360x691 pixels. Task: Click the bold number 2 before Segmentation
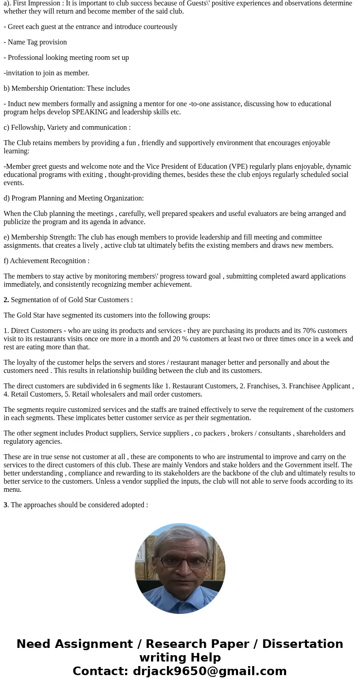(6, 300)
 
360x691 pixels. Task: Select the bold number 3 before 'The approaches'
(5, 505)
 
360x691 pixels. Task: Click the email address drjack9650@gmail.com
(209, 671)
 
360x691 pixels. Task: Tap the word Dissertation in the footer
(302, 644)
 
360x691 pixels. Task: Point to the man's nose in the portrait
(184, 570)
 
